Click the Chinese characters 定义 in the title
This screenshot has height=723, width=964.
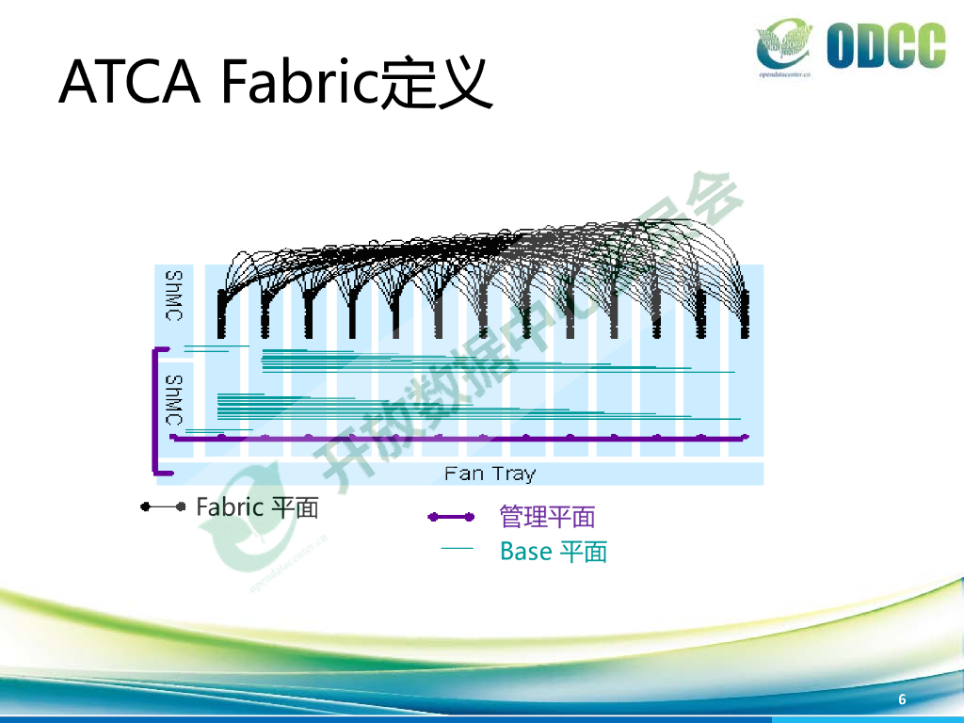[x=437, y=82]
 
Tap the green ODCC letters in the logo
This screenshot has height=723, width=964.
[x=886, y=46]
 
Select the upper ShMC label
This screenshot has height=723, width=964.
[x=173, y=297]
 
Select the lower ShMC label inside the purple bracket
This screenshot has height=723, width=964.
[x=173, y=399]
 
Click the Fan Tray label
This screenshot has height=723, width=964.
[x=490, y=474]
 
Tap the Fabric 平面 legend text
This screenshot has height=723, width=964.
[x=257, y=507]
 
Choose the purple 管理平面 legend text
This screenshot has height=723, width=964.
[x=547, y=517]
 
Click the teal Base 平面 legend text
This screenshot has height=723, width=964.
[x=553, y=551]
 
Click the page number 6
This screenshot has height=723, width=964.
[x=902, y=699]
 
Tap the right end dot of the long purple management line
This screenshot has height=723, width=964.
[x=745, y=437]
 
